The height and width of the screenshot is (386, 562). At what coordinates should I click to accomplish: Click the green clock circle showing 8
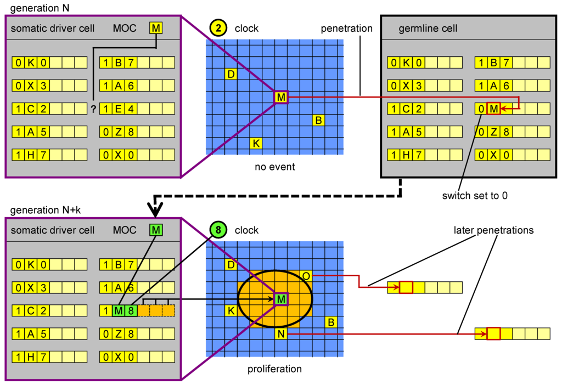(218, 230)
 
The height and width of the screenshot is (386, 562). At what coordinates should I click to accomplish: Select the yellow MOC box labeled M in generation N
(156, 27)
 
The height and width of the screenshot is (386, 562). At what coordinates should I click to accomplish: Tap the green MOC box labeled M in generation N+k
(156, 230)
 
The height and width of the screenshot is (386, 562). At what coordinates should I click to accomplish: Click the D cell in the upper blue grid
(231, 74)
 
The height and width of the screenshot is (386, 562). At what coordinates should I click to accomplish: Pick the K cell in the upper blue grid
(255, 144)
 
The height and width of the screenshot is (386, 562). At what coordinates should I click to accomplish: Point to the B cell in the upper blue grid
(318, 120)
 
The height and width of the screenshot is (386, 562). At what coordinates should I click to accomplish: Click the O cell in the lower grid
(306, 276)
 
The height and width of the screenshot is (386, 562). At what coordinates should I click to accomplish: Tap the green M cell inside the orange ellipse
(281, 299)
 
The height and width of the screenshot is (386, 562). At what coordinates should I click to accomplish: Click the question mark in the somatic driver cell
(93, 109)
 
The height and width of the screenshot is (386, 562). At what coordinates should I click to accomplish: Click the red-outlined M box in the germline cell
(493, 109)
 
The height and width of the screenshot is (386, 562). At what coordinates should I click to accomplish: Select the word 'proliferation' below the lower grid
(274, 369)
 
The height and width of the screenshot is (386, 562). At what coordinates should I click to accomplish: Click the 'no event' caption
(274, 167)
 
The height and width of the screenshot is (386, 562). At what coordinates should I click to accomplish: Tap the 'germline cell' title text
(428, 28)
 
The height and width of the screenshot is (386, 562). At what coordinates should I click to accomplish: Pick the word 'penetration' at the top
(347, 28)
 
